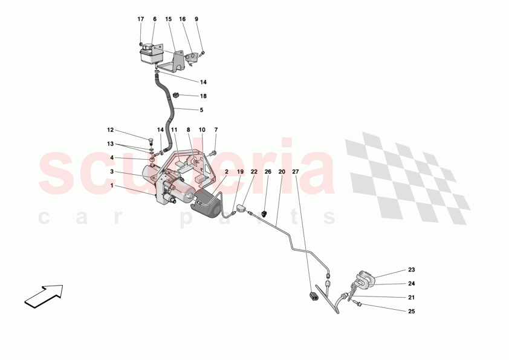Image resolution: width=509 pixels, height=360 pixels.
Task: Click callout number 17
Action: [x=141, y=19]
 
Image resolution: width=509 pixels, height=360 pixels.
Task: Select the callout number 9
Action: [x=196, y=19]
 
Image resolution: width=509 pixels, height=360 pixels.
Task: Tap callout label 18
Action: [x=203, y=96]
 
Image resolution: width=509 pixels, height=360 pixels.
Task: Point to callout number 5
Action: [x=201, y=110]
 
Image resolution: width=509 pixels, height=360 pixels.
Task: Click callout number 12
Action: [x=111, y=130]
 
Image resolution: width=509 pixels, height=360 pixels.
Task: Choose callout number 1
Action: [x=112, y=186]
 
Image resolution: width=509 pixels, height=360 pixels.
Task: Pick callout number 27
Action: [x=296, y=172]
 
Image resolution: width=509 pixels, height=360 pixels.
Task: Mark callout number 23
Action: [x=411, y=270]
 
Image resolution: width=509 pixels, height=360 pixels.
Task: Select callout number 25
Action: [x=411, y=312]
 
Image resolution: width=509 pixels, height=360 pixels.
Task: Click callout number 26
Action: [x=268, y=172]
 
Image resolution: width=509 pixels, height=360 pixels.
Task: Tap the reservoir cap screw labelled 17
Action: [x=141, y=44]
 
